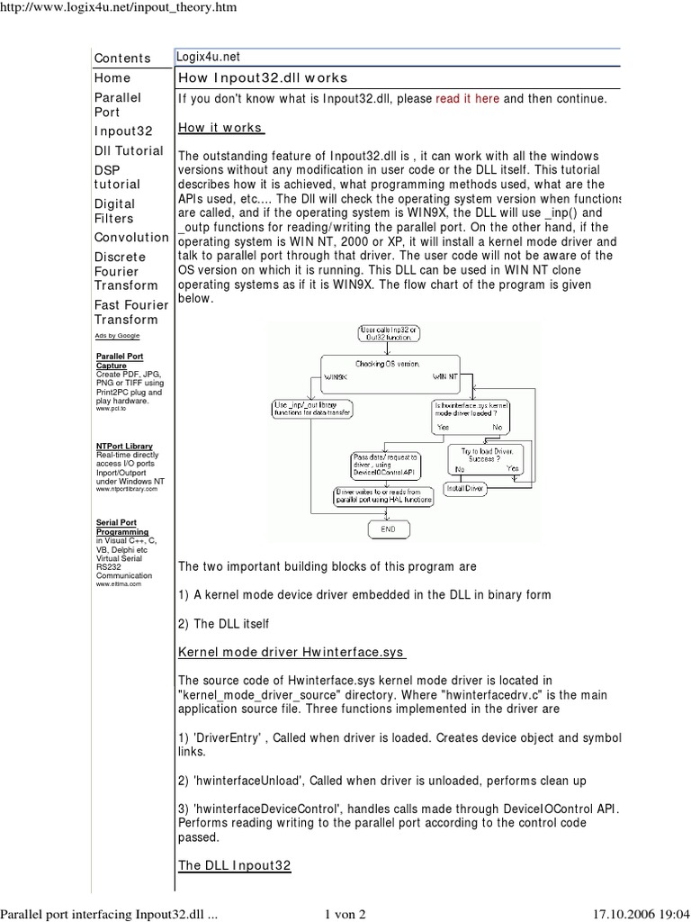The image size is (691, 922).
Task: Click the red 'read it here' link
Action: [x=467, y=99]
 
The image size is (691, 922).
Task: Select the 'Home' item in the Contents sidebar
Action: [x=112, y=78]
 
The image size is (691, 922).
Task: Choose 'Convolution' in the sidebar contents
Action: [x=131, y=238]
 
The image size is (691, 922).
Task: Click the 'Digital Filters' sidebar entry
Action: [x=114, y=211]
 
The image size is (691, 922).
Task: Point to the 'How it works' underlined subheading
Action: [x=220, y=128]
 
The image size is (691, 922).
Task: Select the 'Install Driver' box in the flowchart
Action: [x=464, y=487]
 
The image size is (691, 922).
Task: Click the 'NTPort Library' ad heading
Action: [x=124, y=446]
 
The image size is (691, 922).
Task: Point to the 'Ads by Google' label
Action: [x=117, y=336]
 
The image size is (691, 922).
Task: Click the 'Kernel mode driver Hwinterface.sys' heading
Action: [x=292, y=651]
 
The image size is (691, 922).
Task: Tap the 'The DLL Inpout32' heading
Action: [x=235, y=865]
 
